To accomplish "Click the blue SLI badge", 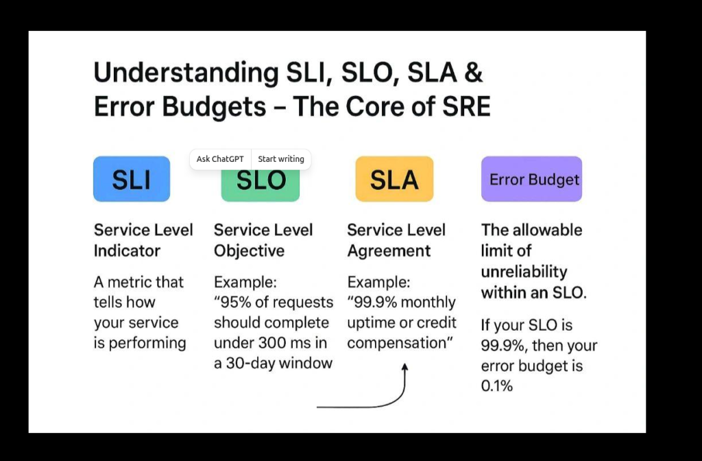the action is (x=132, y=179).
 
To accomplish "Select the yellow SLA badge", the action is (x=394, y=179).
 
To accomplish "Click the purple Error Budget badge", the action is (x=531, y=179).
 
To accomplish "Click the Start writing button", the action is (x=281, y=159).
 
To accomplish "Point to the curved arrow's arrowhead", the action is (x=404, y=368).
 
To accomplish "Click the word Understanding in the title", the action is (x=186, y=73).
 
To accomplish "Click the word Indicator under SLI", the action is (x=127, y=251).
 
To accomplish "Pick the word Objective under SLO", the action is (x=249, y=251).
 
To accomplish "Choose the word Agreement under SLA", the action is (x=389, y=251).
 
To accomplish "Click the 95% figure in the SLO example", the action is (x=236, y=303).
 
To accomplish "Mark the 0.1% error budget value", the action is (x=496, y=386).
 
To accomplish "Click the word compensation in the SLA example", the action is (x=396, y=343).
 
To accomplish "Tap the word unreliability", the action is (x=524, y=272).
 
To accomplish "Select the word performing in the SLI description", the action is (x=147, y=344).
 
